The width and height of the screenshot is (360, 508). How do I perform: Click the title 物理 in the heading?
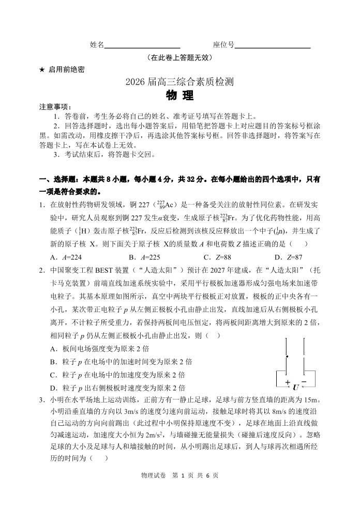179,96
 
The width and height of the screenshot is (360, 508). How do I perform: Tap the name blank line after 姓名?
142,45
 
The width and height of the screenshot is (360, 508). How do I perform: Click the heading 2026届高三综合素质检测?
179,82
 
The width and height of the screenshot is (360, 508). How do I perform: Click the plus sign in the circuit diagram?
288,382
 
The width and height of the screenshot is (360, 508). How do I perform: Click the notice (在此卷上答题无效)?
179,58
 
